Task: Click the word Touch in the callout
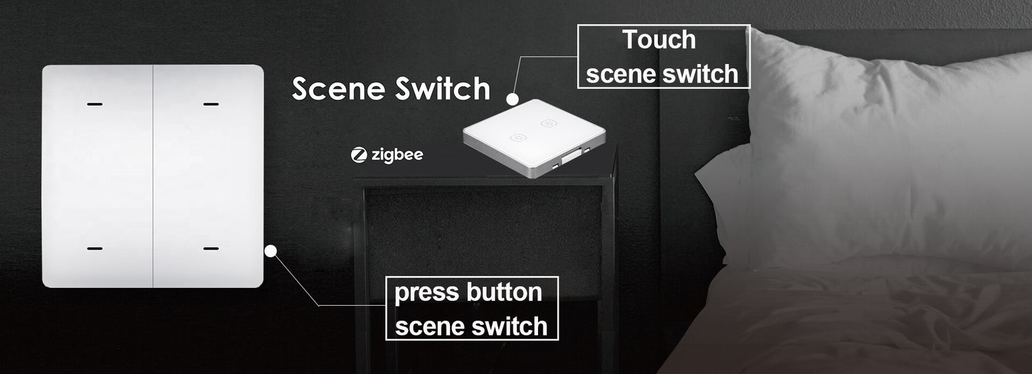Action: coord(659,40)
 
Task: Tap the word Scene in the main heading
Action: coord(338,88)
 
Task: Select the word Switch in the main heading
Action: coord(443,88)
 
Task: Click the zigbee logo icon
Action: coord(358,155)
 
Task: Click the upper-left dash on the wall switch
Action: coord(94,104)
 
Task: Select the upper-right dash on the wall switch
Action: coord(211,104)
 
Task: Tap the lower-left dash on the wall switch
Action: coord(94,249)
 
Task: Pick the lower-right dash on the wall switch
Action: coord(211,249)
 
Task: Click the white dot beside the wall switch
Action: coord(270,251)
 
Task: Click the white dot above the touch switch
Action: coord(513,98)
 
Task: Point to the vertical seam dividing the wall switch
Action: coord(153,176)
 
